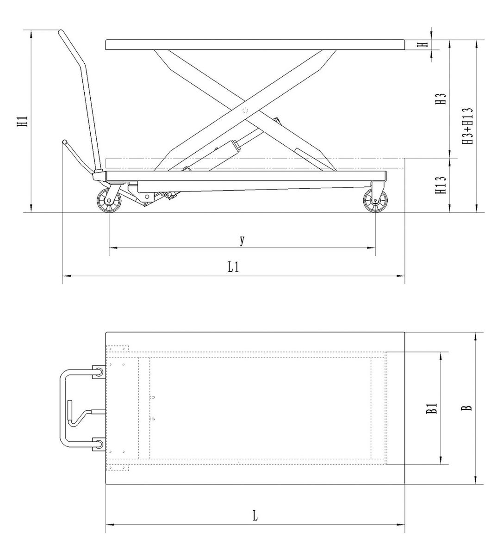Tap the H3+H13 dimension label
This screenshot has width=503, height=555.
pos(467,126)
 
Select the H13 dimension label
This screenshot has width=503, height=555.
pos(441,185)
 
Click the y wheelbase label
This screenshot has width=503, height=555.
pos(242,240)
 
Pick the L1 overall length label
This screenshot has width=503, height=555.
pos(233,267)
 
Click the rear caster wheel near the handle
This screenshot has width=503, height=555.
pos(109,200)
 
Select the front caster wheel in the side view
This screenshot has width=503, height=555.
pos(375,201)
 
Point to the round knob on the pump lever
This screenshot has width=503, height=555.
pos(64,142)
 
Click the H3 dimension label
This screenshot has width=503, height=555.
pos(441,99)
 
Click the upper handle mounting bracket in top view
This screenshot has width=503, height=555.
pos(99,371)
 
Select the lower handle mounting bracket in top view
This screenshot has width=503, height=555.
pos(99,444)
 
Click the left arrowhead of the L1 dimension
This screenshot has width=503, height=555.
pos(67,276)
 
